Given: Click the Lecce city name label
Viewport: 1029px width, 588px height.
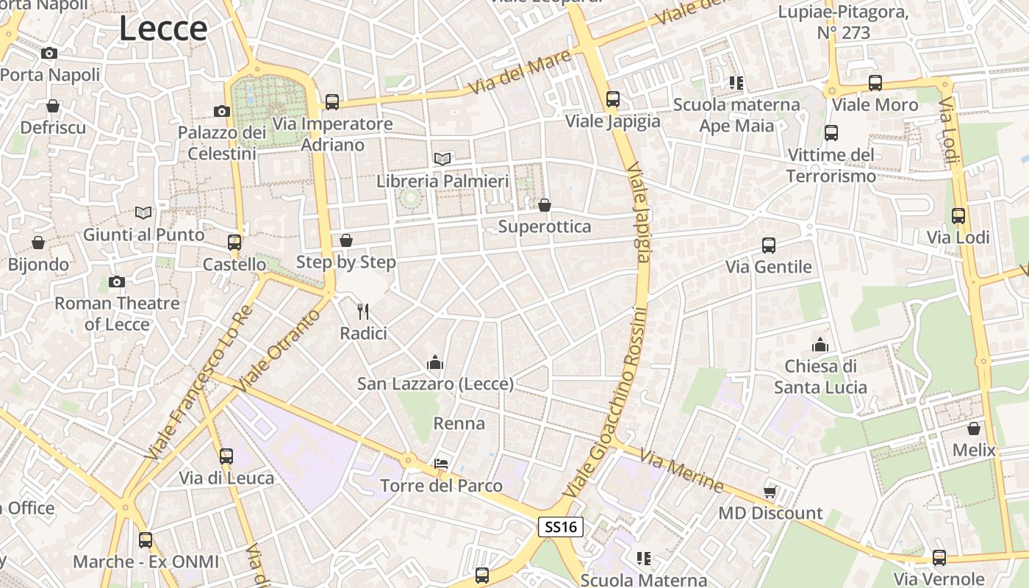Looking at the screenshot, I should click(163, 29).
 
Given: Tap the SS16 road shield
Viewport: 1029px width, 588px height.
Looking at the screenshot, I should click(561, 527).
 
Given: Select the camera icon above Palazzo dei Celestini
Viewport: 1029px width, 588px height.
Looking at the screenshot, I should click(221, 112).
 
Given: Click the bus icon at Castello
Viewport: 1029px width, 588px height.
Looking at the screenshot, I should click(234, 243).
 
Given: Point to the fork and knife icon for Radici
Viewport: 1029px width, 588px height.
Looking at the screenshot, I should click(363, 312).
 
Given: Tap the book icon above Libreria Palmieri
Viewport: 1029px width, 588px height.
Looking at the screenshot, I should click(442, 159).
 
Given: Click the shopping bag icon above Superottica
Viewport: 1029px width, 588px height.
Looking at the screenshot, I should click(545, 205).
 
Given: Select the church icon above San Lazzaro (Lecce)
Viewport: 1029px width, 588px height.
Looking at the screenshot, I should click(435, 362).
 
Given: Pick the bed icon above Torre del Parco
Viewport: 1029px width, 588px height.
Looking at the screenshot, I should click(441, 464).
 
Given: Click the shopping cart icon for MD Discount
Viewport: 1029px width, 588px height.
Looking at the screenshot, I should click(770, 492).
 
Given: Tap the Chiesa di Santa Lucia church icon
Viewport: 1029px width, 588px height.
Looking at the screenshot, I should click(820, 344).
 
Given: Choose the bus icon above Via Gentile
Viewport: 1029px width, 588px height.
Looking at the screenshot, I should click(769, 245).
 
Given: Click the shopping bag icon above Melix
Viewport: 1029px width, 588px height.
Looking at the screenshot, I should click(974, 429).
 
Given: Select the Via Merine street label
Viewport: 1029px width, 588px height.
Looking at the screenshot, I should click(681, 470).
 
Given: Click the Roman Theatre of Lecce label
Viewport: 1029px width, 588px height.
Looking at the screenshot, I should click(117, 313).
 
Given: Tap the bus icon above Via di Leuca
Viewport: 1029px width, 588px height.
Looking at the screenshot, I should click(226, 456).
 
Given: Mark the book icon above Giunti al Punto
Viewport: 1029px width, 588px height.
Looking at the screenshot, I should click(143, 213).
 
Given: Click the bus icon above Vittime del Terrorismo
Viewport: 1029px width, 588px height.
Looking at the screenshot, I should click(831, 133).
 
